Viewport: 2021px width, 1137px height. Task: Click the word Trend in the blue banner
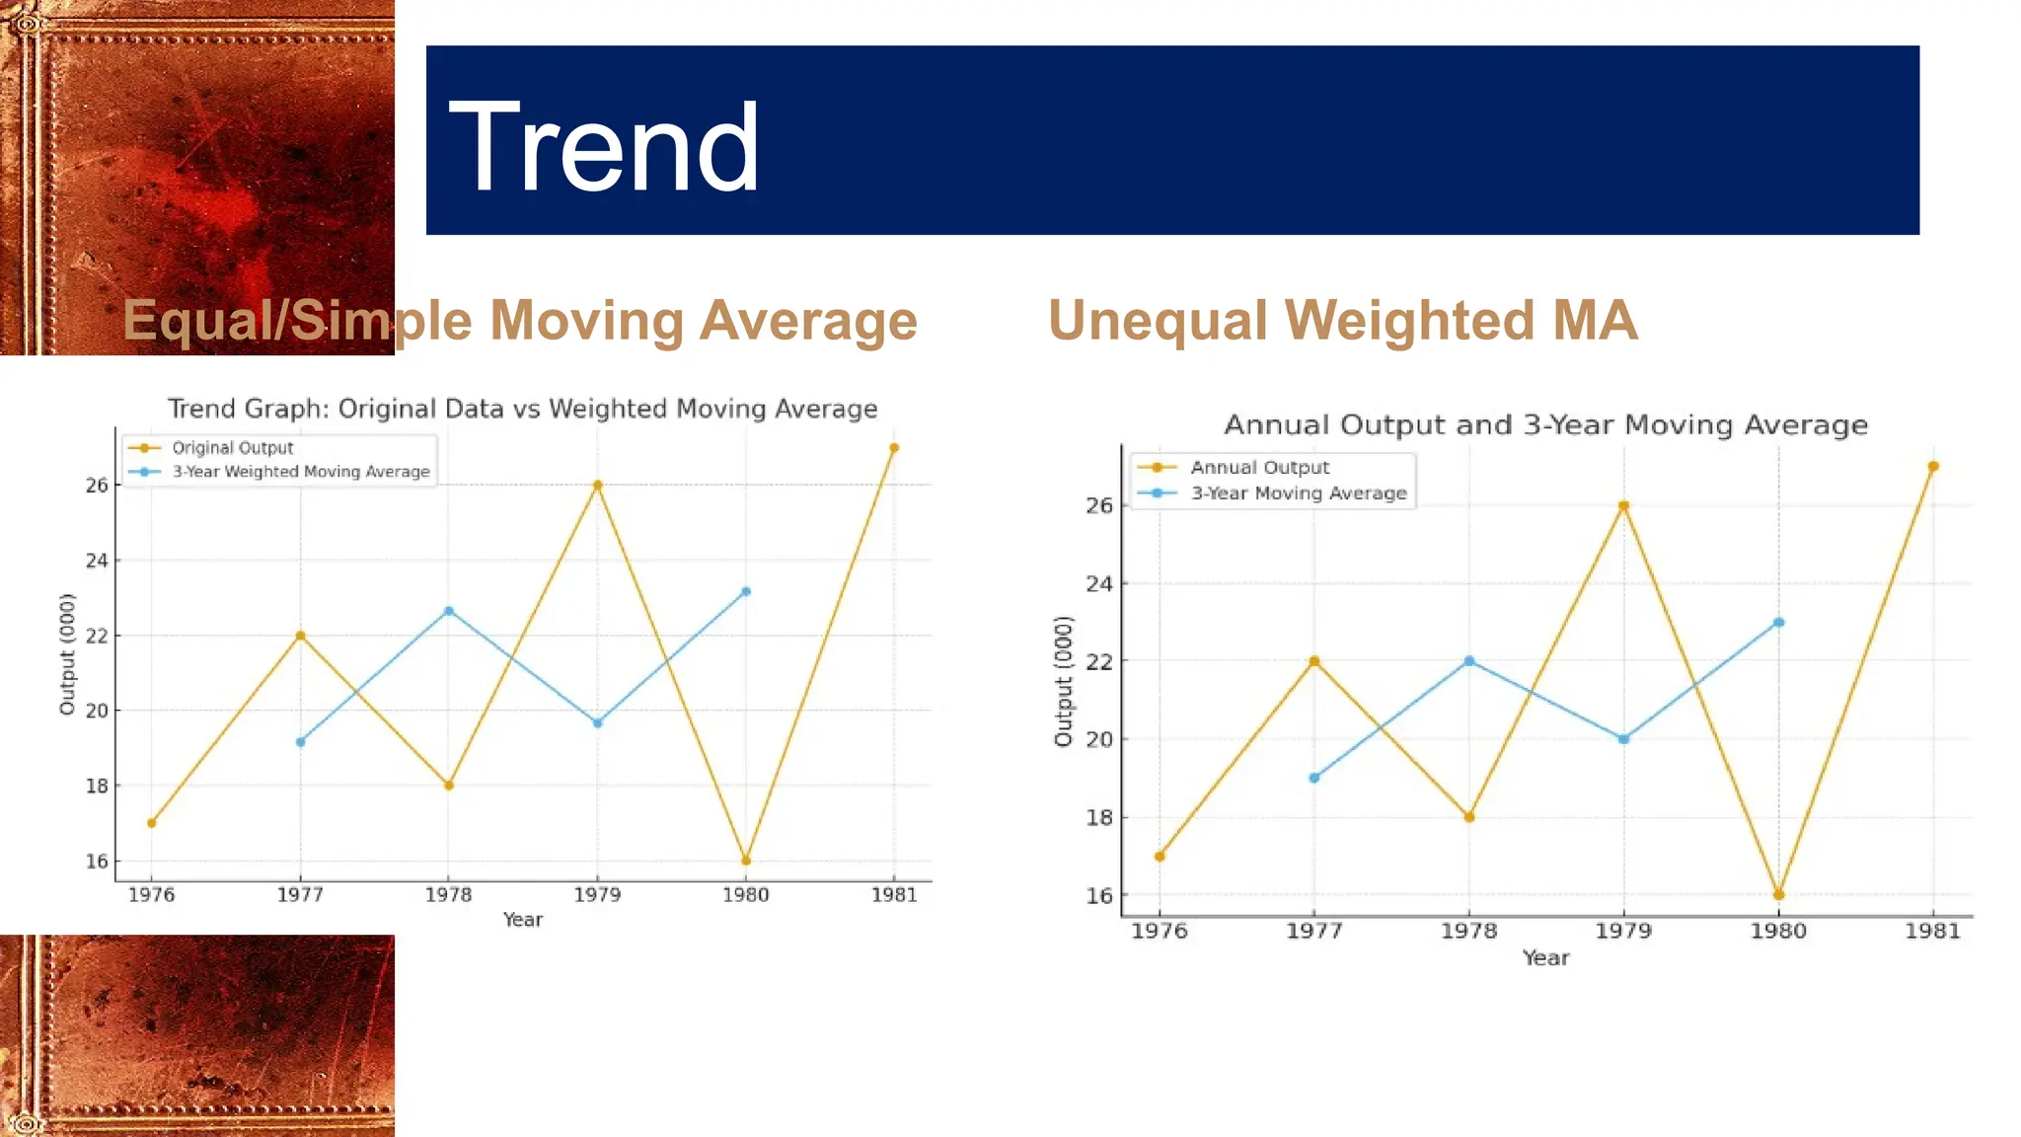(x=603, y=148)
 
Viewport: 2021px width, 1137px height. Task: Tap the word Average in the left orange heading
(x=808, y=321)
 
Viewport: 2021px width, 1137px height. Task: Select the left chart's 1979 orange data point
(x=597, y=485)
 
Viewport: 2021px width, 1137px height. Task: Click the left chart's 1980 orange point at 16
(x=746, y=861)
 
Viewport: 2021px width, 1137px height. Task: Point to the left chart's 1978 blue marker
(x=449, y=611)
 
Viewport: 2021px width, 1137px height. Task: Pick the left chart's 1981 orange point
(x=894, y=448)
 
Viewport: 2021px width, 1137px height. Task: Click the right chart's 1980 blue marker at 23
(x=1778, y=623)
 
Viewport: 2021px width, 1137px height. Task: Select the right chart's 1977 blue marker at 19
(x=1313, y=778)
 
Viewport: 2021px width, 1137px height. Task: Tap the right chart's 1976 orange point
(x=1160, y=856)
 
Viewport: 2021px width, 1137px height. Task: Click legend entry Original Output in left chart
(x=232, y=448)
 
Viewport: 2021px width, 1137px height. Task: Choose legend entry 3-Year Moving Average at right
(x=1298, y=493)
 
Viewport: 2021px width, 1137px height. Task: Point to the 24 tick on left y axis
(x=97, y=561)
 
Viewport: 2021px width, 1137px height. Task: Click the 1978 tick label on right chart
(x=1468, y=931)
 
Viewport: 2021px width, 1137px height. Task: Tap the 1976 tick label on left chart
(x=151, y=895)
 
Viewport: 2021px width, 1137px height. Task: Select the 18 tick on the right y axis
(x=1098, y=817)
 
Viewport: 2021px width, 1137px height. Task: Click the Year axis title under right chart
(x=1545, y=957)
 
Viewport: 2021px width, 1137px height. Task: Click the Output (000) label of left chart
(x=67, y=654)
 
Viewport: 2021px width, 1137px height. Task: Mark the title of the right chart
(x=1545, y=425)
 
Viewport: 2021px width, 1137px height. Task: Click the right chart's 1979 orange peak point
(x=1623, y=506)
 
